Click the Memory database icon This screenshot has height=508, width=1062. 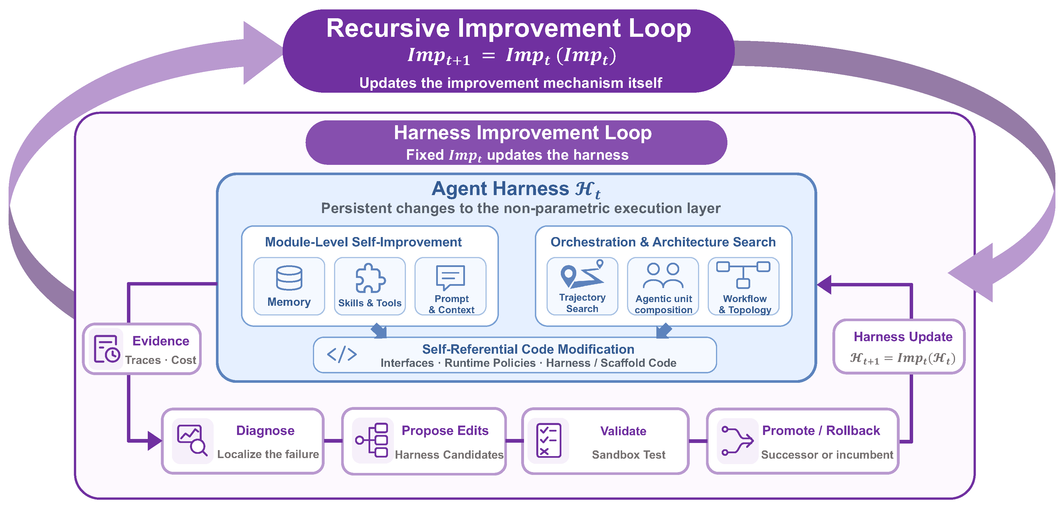(x=289, y=278)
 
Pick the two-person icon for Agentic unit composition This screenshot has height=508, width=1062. (x=663, y=276)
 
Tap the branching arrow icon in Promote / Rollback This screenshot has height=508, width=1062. (x=737, y=441)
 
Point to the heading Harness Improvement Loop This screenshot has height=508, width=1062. (x=523, y=133)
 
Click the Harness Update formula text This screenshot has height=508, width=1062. (x=903, y=358)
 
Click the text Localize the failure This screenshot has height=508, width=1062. (x=268, y=454)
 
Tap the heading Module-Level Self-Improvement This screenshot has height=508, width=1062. (x=363, y=242)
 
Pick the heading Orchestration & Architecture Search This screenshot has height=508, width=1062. (x=663, y=242)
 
